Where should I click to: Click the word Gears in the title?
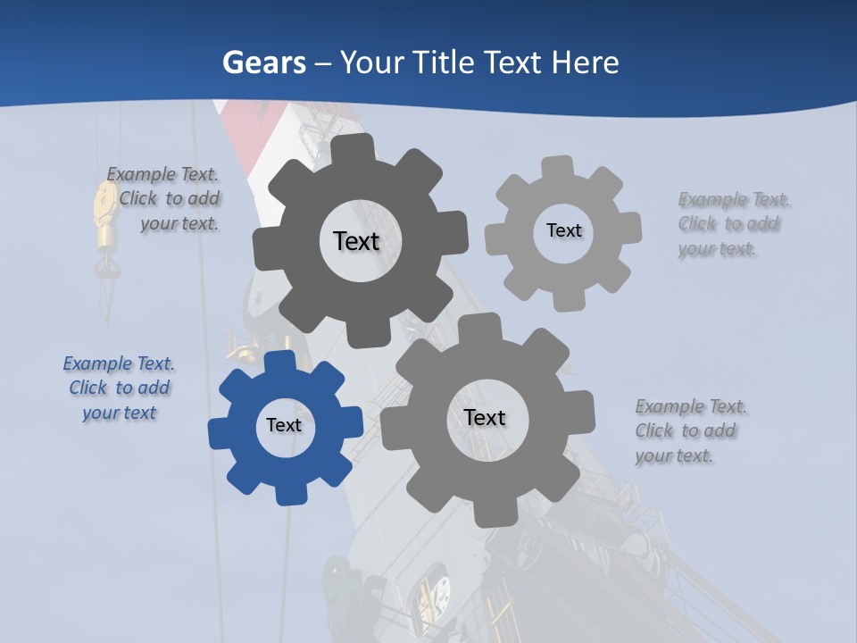click(263, 63)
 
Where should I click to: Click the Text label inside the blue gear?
click(284, 426)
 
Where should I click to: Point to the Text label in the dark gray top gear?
click(356, 241)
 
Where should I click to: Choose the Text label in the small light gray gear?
click(563, 230)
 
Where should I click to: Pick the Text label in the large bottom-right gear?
click(485, 418)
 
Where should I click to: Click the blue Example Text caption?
click(119, 388)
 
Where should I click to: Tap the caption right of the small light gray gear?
click(732, 224)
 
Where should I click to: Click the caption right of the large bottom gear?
click(689, 430)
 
